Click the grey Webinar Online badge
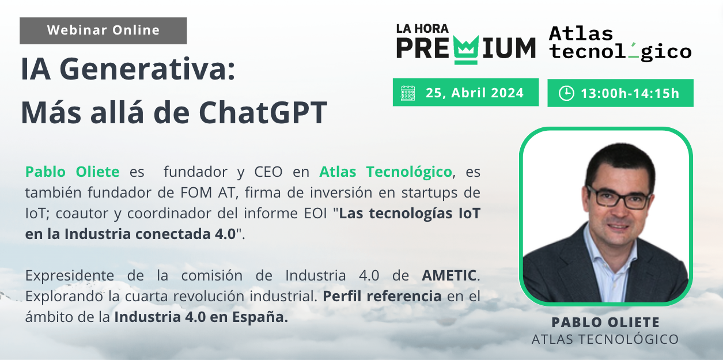point(103,31)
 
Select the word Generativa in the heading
point(147,69)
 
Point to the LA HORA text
point(422,29)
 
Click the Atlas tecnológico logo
point(620,43)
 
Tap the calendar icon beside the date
point(408,93)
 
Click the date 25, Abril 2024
point(475,93)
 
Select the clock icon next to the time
point(566,93)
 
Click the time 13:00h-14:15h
point(630,93)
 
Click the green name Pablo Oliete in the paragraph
point(73,172)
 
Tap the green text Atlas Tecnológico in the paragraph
point(385,172)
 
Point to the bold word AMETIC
point(449,275)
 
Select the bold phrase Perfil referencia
point(382,296)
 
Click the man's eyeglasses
point(618,198)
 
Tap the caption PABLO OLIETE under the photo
point(605,322)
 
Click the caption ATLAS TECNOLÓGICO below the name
point(605,339)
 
